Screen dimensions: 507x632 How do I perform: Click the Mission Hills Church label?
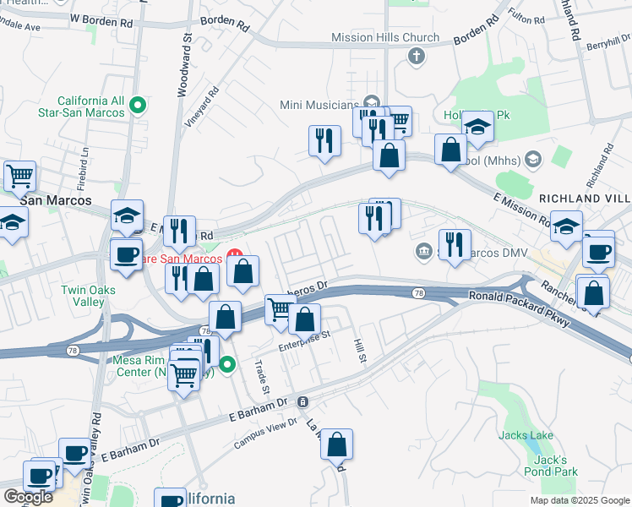(385, 37)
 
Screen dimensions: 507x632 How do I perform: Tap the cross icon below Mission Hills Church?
(415, 57)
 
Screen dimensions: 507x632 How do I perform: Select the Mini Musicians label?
(319, 105)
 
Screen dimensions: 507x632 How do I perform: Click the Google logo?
(28, 497)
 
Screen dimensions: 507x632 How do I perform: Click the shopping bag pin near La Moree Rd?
(336, 444)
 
